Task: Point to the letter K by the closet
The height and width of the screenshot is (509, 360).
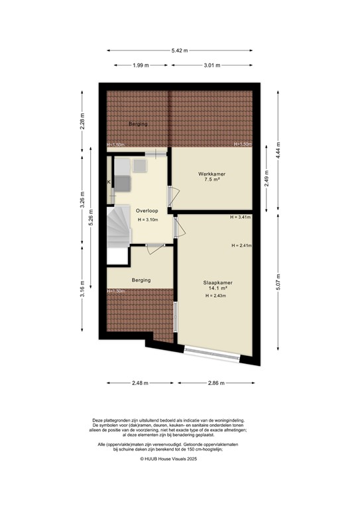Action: pos(109,182)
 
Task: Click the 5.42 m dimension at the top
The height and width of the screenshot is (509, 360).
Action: pos(179,50)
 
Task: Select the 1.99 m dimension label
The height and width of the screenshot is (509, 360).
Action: pos(140,65)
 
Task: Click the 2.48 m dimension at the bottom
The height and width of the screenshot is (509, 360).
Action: pos(140,383)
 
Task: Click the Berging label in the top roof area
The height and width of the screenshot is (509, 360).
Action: pos(138,124)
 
